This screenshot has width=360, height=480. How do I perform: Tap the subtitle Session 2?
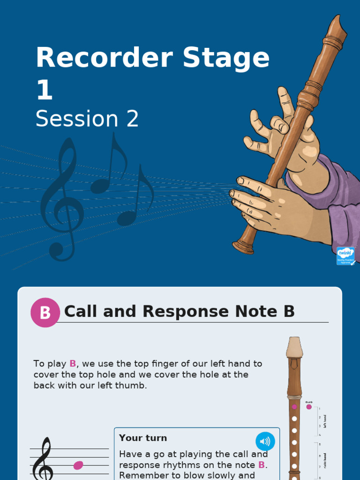coord(87,119)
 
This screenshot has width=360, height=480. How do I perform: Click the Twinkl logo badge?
coord(345,256)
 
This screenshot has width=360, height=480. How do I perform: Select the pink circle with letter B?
coord(45,312)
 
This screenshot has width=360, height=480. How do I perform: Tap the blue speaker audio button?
coord(265,442)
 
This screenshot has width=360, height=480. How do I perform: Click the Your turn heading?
coord(143,438)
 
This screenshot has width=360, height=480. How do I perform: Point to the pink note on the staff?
coord(78,465)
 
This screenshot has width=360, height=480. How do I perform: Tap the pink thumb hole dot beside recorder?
coord(309,407)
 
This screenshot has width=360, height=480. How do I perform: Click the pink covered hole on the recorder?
coord(294,407)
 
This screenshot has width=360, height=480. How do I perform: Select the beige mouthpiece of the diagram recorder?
coord(294,347)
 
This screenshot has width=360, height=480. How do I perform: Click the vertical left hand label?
coord(325,420)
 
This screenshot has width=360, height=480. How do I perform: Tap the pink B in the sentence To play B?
coord(73,364)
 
